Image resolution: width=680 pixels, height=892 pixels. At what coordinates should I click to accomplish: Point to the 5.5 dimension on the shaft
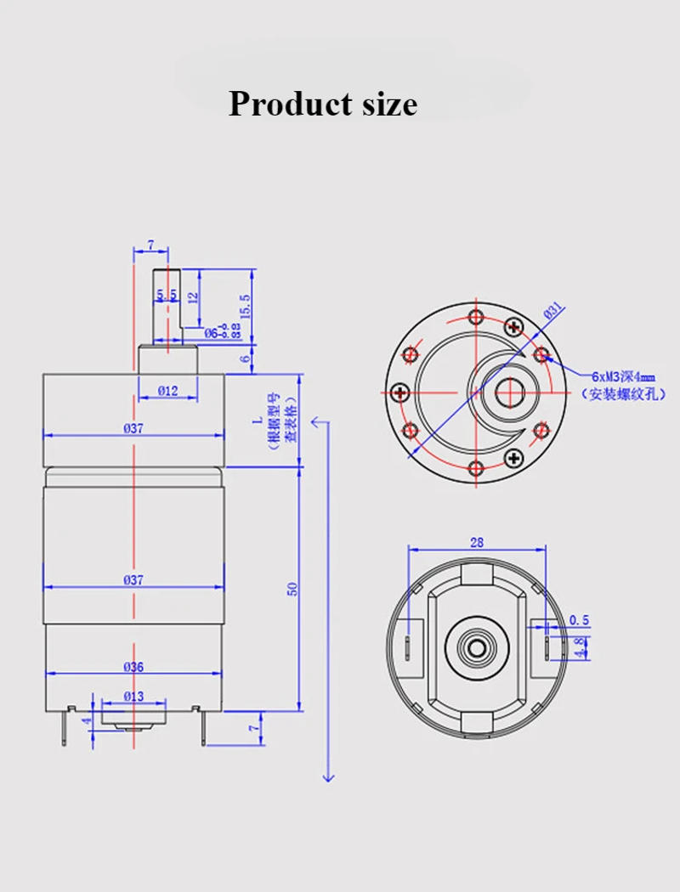(x=167, y=294)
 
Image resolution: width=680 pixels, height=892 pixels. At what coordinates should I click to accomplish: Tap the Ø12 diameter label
(x=167, y=391)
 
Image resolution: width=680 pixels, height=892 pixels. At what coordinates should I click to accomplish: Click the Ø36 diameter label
(x=133, y=667)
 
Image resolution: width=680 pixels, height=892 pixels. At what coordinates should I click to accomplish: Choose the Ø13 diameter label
(x=133, y=696)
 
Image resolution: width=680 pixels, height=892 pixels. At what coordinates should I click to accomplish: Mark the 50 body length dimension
(x=292, y=588)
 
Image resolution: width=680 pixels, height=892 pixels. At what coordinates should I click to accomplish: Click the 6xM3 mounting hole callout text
(x=624, y=375)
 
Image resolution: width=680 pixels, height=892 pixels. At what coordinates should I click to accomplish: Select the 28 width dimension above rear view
(x=477, y=541)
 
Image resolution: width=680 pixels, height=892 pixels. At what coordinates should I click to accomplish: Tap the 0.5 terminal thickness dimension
(x=580, y=619)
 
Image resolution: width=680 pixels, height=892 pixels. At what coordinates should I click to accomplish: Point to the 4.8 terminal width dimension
(x=580, y=647)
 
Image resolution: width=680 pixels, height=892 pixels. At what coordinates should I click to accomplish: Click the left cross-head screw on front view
(x=399, y=392)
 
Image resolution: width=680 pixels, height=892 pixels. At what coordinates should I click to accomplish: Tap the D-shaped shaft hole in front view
(x=508, y=392)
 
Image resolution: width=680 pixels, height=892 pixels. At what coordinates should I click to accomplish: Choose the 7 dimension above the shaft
(x=150, y=245)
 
